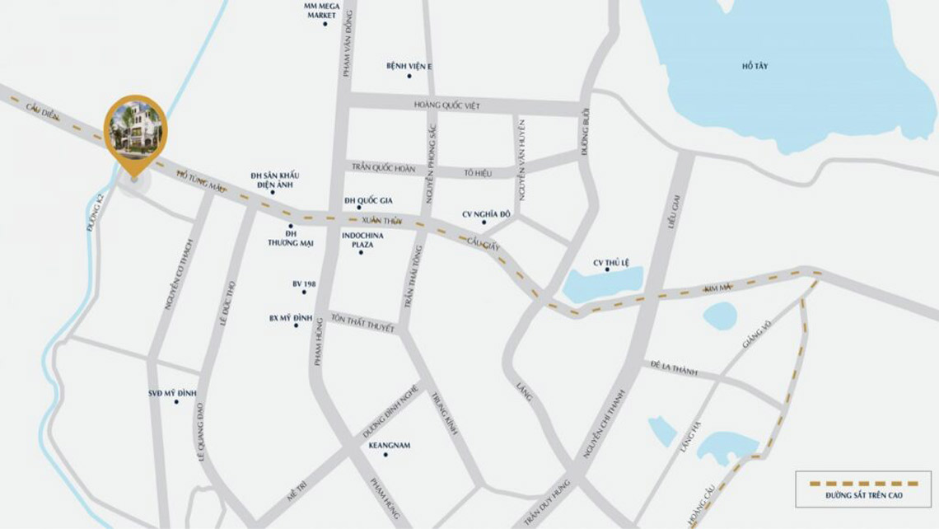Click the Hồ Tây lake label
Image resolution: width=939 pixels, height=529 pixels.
pyautogui.click(x=754, y=66)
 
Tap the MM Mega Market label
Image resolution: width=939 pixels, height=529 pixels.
pyautogui.click(x=321, y=11)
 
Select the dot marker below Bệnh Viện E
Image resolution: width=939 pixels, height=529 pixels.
pyautogui.click(x=409, y=76)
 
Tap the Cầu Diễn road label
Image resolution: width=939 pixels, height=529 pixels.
pyautogui.click(x=42, y=112)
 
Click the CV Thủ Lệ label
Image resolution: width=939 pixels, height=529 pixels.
pyautogui.click(x=611, y=263)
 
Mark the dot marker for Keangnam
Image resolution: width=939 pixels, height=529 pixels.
pyautogui.click(x=385, y=454)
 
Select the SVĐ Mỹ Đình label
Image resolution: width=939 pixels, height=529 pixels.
pyautogui.click(x=172, y=393)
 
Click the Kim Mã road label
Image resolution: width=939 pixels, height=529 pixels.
pyautogui.click(x=717, y=288)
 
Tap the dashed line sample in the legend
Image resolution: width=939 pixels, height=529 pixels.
pyautogui.click(x=864, y=482)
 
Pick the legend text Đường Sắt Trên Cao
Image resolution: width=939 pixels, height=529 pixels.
pyautogui.click(x=864, y=495)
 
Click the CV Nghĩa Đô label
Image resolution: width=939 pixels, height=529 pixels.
pyautogui.click(x=486, y=214)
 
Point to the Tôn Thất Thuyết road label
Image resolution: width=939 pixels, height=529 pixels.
pyautogui.click(x=362, y=321)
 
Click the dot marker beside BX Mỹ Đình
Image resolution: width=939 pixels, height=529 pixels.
pyautogui.click(x=297, y=326)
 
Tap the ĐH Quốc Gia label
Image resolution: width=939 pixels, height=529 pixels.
pyautogui.click(x=368, y=200)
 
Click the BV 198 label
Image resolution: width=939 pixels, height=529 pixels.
pyautogui.click(x=304, y=284)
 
